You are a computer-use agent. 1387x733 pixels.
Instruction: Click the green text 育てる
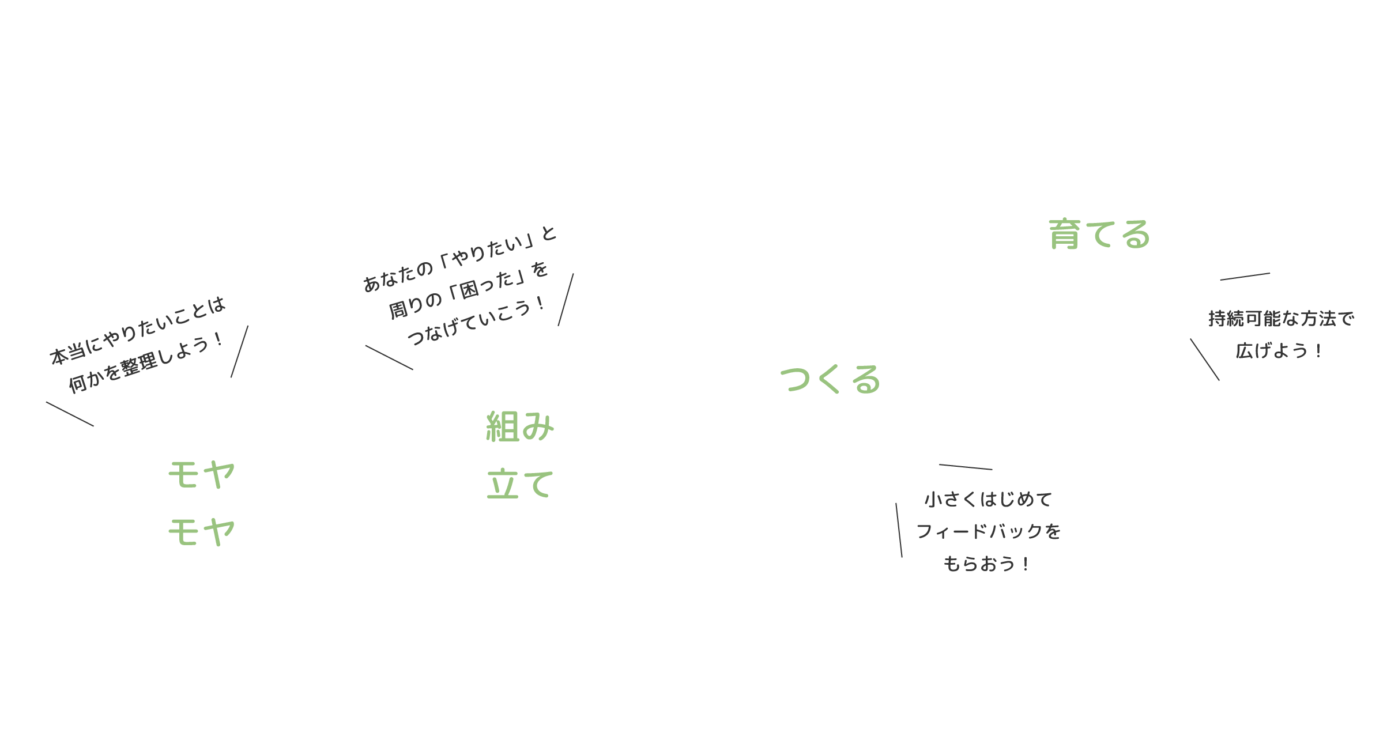click(x=1099, y=235)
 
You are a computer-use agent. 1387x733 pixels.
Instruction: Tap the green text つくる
click(x=830, y=380)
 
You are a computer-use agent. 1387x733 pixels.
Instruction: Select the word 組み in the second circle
click(x=520, y=427)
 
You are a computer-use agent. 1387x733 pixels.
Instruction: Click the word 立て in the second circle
click(x=520, y=483)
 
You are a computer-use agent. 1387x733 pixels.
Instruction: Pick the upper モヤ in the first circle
click(x=201, y=475)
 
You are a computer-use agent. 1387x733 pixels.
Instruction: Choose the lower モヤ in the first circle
click(x=201, y=531)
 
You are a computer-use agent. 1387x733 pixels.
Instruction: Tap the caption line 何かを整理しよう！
click(x=146, y=363)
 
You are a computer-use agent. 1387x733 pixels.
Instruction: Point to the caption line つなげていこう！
click(x=476, y=322)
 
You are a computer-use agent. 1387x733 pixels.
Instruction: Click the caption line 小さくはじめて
click(x=988, y=499)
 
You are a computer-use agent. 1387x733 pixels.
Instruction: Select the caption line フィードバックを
click(x=988, y=531)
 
